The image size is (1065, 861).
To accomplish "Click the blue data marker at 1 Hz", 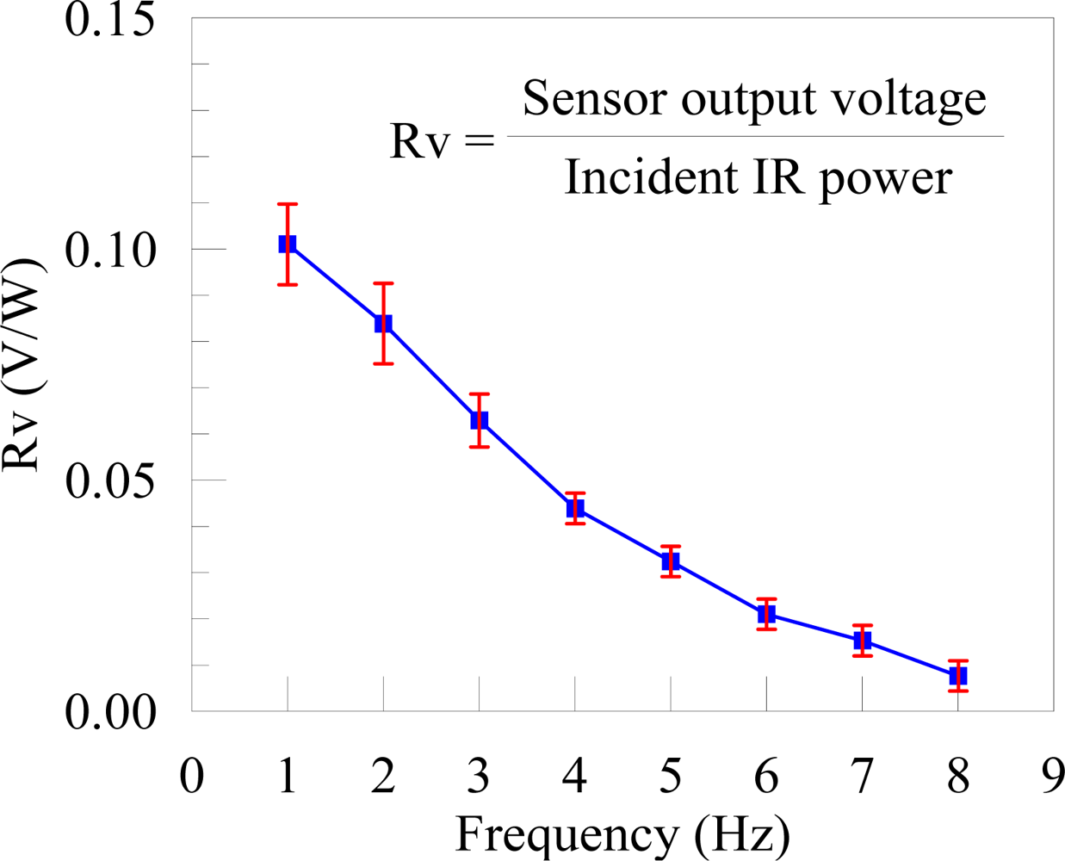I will click(288, 245).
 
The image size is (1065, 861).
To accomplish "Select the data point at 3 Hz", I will click(480, 420).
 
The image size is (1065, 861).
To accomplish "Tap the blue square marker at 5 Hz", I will click(671, 561).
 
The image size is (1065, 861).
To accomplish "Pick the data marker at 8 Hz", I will click(957, 676).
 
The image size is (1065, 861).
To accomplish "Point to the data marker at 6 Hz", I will click(766, 614).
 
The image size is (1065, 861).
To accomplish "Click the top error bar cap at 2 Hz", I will click(383, 283).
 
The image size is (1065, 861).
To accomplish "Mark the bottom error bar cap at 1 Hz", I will click(288, 284).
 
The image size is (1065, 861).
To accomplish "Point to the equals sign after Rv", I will click(479, 141).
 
